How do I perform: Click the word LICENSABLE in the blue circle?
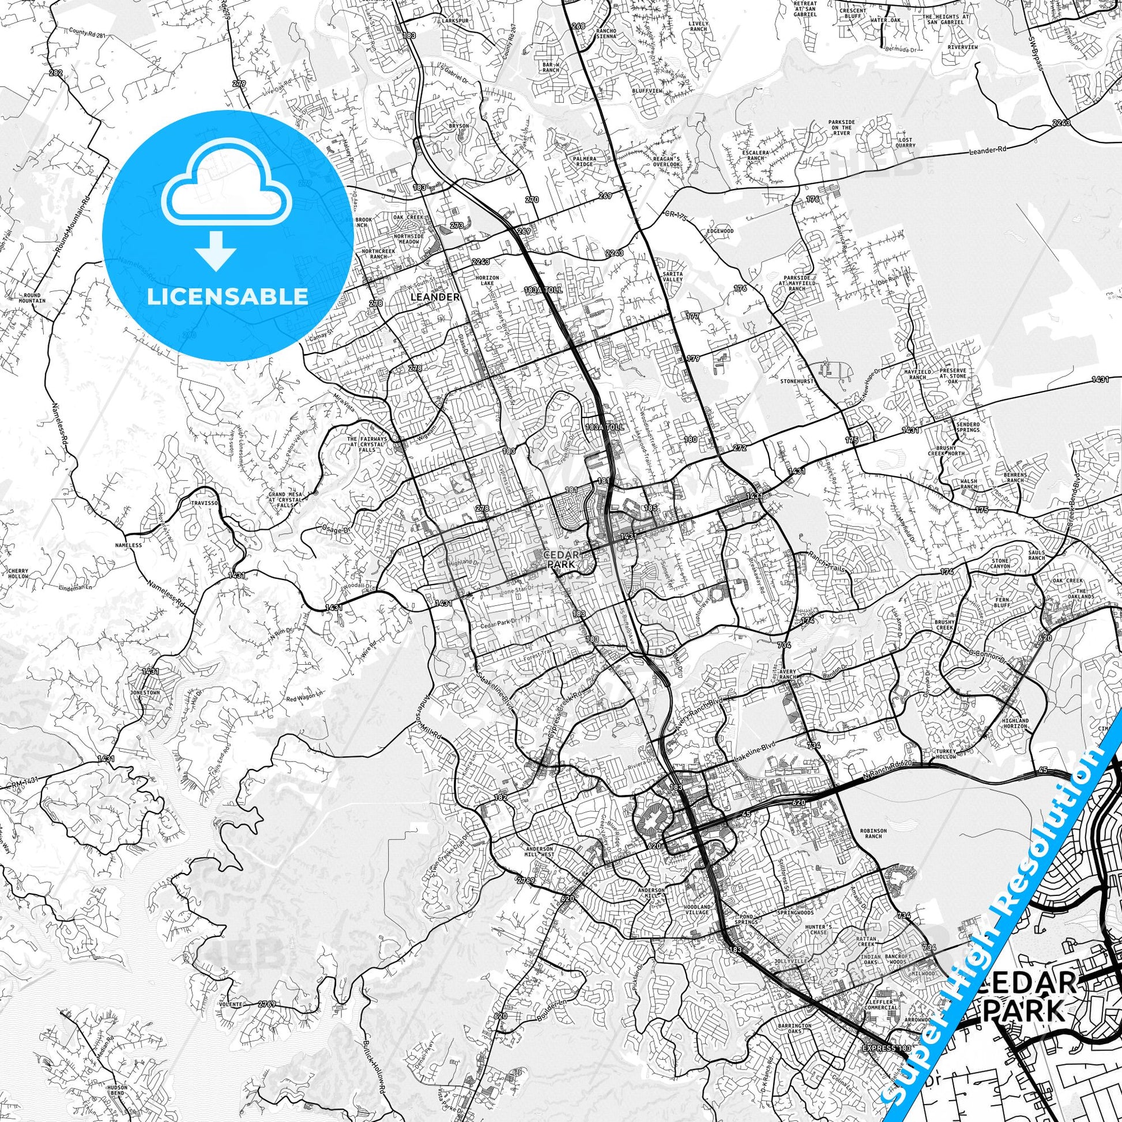point(228,297)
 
